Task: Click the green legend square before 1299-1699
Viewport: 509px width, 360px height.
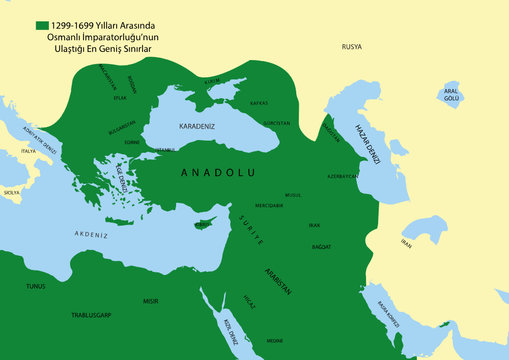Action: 43,25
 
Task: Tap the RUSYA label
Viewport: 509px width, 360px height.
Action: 352,47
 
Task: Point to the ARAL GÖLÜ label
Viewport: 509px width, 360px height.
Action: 451,95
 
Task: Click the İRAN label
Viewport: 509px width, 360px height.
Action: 405,243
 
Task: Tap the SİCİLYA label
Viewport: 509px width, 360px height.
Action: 12,192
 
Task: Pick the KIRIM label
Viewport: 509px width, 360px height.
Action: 211,80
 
